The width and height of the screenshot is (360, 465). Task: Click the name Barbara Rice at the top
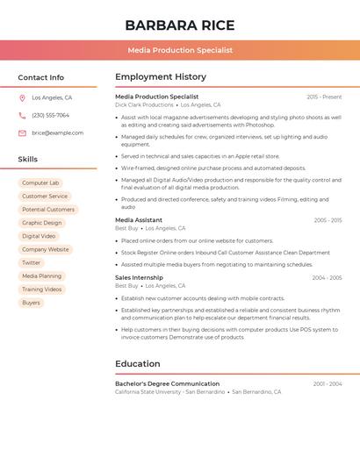(x=179, y=25)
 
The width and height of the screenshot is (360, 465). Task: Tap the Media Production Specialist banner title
(x=179, y=50)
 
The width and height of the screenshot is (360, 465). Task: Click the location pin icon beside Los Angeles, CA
(x=22, y=98)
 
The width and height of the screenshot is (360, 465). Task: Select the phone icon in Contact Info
(x=22, y=116)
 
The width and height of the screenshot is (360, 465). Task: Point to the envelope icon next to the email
(x=22, y=133)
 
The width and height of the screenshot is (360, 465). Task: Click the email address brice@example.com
(x=57, y=133)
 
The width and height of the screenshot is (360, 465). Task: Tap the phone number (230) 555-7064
(x=50, y=116)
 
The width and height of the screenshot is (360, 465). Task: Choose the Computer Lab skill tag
(x=40, y=183)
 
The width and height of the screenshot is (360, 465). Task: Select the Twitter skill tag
(x=32, y=262)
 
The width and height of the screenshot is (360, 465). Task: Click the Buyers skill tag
(x=32, y=303)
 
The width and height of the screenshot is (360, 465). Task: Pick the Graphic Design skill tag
(x=42, y=223)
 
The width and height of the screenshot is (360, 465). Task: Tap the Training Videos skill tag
(x=42, y=290)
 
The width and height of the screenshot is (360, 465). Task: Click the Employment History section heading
(x=161, y=77)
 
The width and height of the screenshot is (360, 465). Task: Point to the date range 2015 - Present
(x=324, y=97)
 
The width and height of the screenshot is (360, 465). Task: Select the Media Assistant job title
(x=139, y=220)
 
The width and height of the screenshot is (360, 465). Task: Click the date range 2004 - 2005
(x=327, y=277)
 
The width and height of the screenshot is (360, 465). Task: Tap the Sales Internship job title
(x=139, y=277)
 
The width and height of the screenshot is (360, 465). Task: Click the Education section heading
(x=138, y=364)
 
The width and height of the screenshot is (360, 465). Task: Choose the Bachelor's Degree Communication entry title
(x=167, y=383)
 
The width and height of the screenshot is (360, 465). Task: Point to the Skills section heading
(x=28, y=160)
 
